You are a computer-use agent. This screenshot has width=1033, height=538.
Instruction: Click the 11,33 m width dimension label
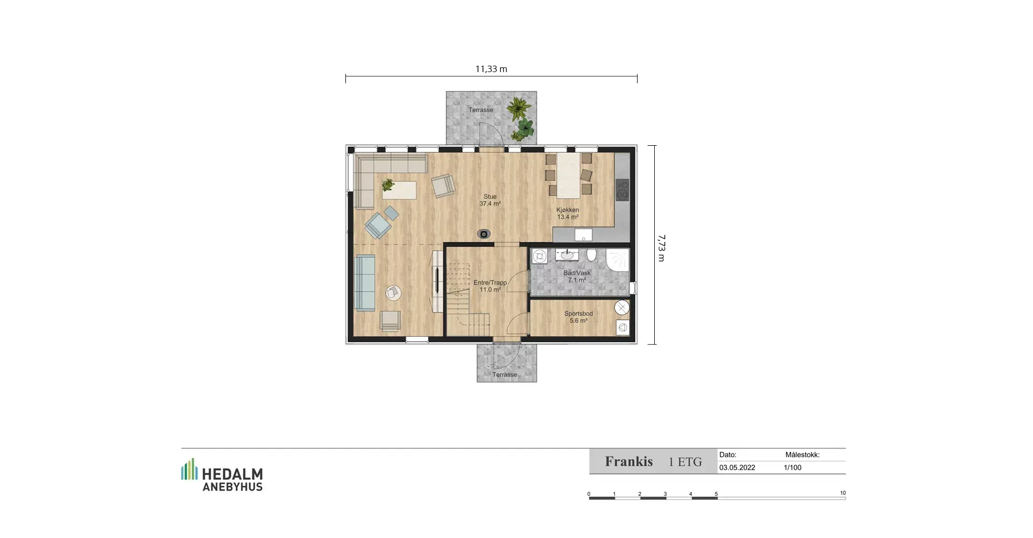(491, 69)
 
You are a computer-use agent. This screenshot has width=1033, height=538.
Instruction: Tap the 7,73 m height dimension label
(661, 248)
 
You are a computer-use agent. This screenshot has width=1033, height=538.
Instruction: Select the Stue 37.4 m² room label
(490, 200)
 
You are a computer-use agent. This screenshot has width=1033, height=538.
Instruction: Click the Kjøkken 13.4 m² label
(568, 214)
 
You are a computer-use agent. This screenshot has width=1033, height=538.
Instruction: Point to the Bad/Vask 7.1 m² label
(577, 277)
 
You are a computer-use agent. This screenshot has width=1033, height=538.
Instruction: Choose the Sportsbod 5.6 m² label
(578, 317)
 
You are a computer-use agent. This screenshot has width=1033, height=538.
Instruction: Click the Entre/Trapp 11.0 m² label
(490, 286)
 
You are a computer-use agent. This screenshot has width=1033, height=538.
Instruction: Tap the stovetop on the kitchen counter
(622, 190)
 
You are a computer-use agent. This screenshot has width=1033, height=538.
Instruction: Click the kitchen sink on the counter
(583, 235)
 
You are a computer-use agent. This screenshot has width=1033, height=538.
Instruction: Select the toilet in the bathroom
(591, 254)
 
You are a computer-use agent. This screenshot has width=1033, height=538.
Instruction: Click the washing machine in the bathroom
(540, 257)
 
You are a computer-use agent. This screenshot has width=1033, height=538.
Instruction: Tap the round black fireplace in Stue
(484, 234)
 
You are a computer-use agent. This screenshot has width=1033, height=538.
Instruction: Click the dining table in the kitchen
(569, 175)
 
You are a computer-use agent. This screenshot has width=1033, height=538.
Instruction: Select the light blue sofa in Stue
(365, 282)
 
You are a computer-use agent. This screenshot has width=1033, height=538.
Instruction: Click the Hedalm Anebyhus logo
(222, 475)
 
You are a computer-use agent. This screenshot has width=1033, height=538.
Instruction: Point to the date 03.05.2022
(737, 468)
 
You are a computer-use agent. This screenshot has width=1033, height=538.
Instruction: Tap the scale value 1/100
(793, 468)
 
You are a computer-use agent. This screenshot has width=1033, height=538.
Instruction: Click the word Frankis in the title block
(629, 462)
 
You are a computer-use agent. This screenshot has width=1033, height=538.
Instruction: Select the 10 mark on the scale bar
(843, 493)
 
